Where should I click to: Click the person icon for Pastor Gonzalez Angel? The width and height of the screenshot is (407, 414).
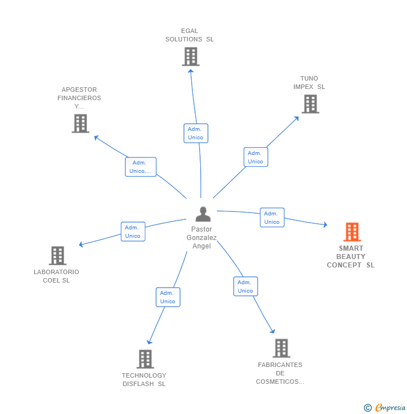pos(203,214)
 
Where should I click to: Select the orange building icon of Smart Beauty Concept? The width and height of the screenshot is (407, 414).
pos(352,232)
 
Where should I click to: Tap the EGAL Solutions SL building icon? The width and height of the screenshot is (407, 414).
pos(191,57)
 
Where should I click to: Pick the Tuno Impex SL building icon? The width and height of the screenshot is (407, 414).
pos(310,104)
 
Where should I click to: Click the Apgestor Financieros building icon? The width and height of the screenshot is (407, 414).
pos(81,123)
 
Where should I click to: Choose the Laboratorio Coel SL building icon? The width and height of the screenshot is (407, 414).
pos(58,256)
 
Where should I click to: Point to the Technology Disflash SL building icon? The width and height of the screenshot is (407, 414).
pos(145,359)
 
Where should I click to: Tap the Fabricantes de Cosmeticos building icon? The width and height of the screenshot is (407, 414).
pos(281,348)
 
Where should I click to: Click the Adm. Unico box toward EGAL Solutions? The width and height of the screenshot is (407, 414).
pos(196,133)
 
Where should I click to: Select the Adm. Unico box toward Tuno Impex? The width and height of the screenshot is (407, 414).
pos(255,157)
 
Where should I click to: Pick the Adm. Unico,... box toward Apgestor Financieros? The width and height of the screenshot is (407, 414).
pos(140,167)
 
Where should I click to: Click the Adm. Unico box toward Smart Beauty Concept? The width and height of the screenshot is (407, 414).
pos(272,218)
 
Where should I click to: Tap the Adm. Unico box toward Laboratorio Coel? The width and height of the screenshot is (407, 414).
pos(133,232)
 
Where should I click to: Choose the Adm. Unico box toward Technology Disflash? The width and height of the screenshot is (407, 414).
pos(168,297)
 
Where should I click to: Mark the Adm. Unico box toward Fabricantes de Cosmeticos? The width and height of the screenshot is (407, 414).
pos(245,286)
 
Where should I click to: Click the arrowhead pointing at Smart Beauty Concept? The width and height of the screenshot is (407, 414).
pos(324,225)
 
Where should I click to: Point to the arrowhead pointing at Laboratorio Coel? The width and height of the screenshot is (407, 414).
pos(82,244)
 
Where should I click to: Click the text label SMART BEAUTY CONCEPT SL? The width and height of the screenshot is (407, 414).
pos(351,257)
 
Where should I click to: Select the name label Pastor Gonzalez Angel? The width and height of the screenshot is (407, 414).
pos(201,238)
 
